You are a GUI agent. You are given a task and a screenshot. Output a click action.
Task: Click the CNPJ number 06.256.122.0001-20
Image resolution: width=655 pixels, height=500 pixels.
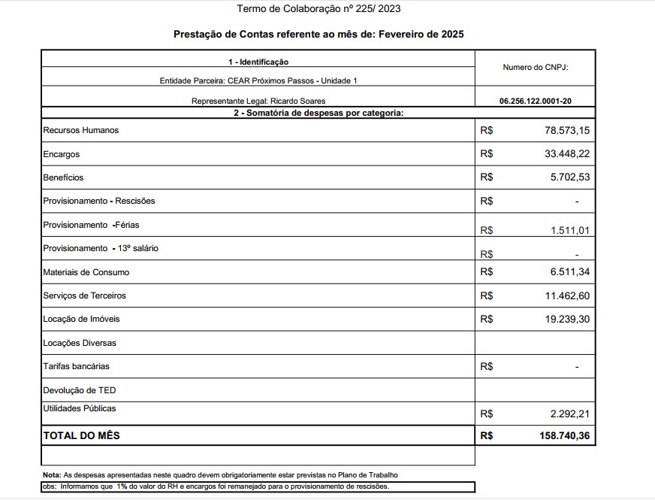tap(535, 101)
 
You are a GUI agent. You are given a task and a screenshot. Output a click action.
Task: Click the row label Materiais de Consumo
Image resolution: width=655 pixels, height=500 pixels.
tap(81, 272)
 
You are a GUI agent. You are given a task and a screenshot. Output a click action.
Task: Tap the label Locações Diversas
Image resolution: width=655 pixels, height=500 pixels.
tap(80, 343)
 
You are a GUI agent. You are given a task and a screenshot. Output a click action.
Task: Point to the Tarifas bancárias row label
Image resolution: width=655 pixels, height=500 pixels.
tap(77, 366)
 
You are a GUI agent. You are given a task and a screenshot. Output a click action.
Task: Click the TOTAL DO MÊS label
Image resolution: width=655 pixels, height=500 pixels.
tap(81, 435)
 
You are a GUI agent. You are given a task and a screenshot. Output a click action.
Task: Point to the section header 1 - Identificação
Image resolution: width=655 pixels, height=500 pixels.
tap(258, 62)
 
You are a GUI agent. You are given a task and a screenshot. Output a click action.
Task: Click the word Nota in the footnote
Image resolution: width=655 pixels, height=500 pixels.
tap(51, 475)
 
